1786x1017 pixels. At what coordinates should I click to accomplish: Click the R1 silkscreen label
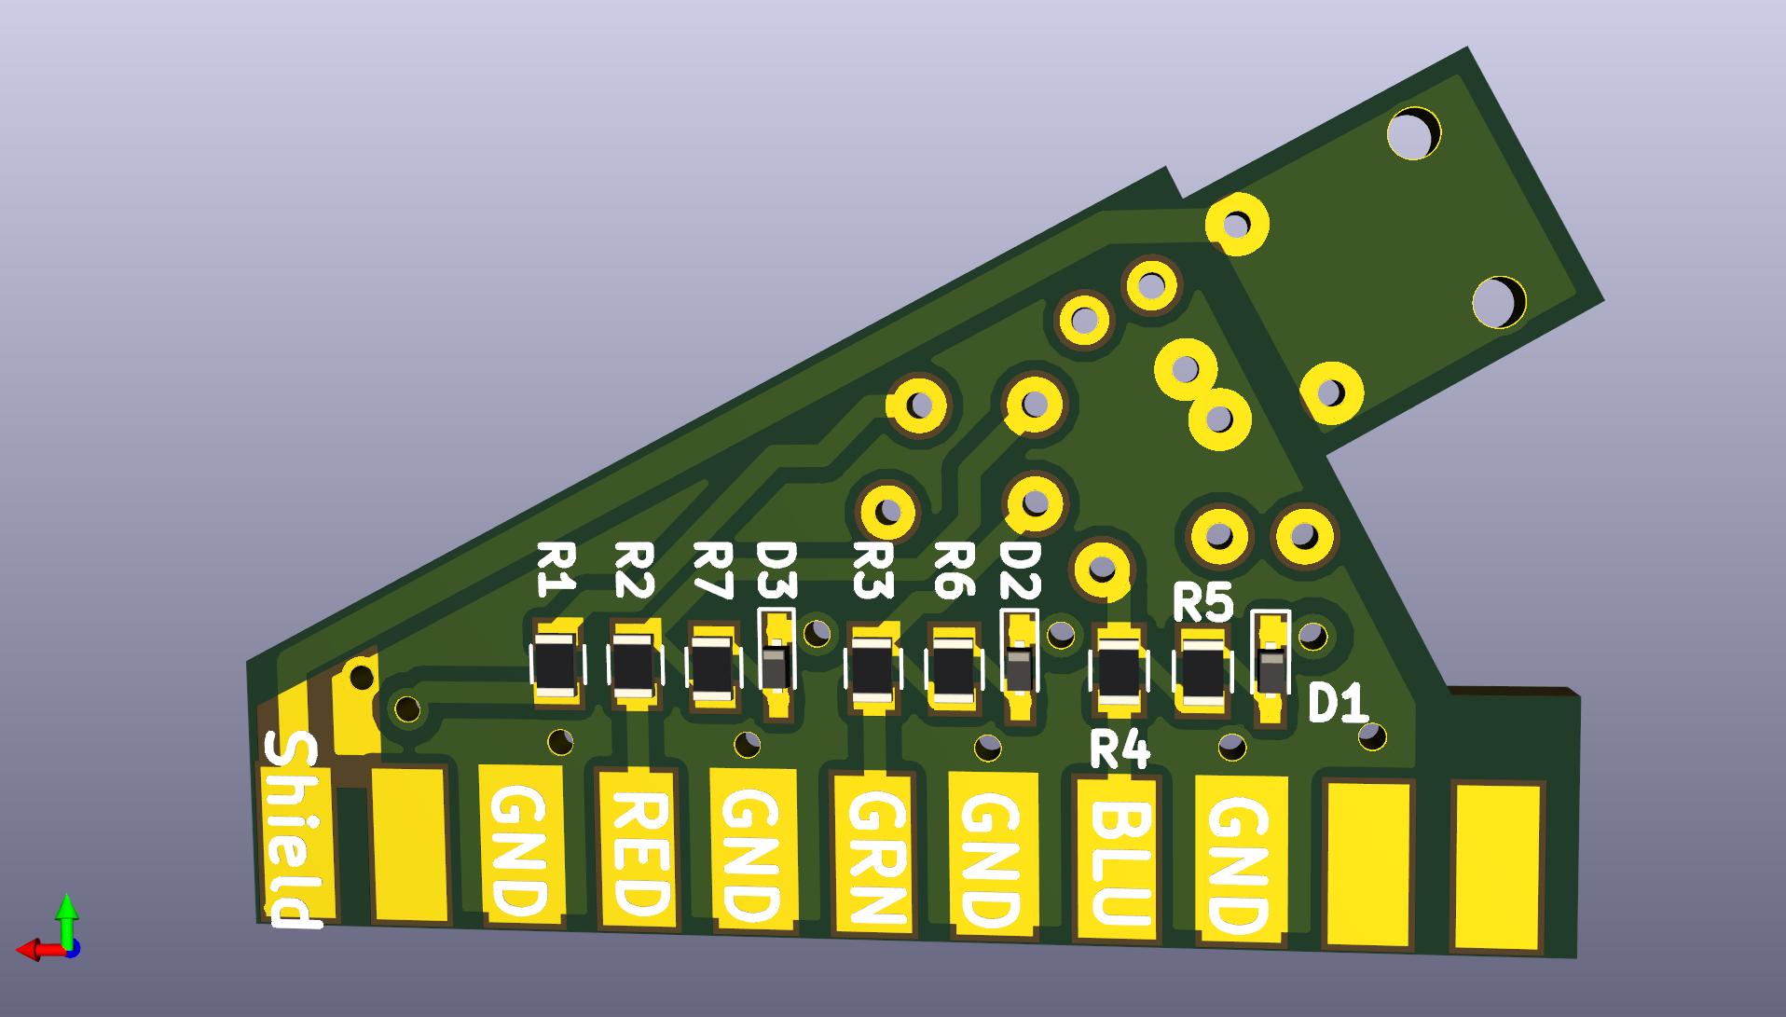tap(556, 570)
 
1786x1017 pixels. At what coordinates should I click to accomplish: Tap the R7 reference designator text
tap(713, 570)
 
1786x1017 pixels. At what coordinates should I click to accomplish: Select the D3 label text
tap(777, 570)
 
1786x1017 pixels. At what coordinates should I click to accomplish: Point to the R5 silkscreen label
tap(1202, 603)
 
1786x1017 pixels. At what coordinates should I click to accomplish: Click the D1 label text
tap(1337, 704)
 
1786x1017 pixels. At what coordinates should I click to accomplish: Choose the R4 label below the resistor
tap(1120, 750)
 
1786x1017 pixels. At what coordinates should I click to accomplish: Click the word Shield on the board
tap(294, 830)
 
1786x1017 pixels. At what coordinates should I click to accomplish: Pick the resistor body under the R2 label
tap(635, 666)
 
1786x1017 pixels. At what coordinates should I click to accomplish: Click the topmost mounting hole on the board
tap(1414, 133)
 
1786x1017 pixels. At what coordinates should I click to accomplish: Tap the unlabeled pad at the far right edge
tap(1498, 868)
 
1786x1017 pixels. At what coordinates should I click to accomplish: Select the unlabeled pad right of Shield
tap(409, 844)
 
